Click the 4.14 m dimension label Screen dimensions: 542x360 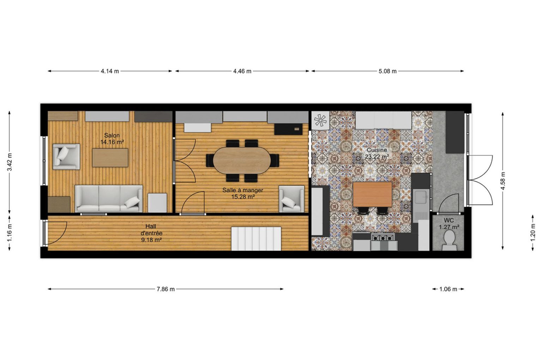click(x=110, y=71)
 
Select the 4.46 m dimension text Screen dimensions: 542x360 click(x=242, y=71)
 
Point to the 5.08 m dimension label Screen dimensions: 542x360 click(x=387, y=71)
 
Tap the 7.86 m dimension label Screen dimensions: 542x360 click(x=165, y=289)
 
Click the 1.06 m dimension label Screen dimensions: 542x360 click(x=448, y=289)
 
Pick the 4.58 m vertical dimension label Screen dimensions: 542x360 click(x=503, y=181)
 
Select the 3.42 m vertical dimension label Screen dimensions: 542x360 click(x=10, y=162)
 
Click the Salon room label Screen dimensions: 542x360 click(x=112, y=135)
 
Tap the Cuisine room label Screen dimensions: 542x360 click(x=377, y=150)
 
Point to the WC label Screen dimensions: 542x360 click(x=449, y=220)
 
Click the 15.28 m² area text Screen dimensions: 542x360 click(x=243, y=197)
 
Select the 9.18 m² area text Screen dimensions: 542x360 click(x=151, y=240)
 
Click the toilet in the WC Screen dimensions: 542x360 click(x=450, y=240)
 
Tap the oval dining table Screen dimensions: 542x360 click(x=242, y=160)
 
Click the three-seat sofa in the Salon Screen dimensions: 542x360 click(x=109, y=199)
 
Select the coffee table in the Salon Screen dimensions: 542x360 click(x=110, y=158)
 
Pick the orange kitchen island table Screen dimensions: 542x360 click(x=372, y=194)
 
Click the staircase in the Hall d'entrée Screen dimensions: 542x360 click(x=256, y=239)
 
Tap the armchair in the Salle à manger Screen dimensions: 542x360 click(x=291, y=199)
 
